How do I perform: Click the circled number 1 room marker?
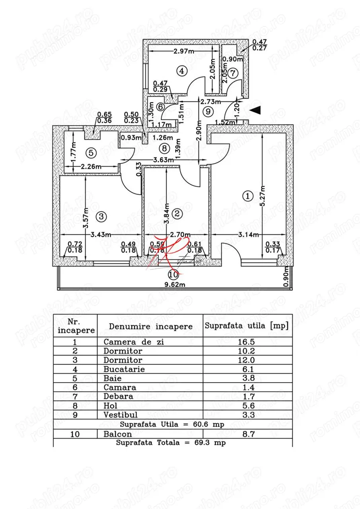click(x=248, y=196)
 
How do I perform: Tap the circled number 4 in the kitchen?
click(x=181, y=71)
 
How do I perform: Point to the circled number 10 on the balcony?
click(x=173, y=274)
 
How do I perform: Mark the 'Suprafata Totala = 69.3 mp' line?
click(x=173, y=443)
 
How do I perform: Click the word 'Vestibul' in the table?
click(x=120, y=415)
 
